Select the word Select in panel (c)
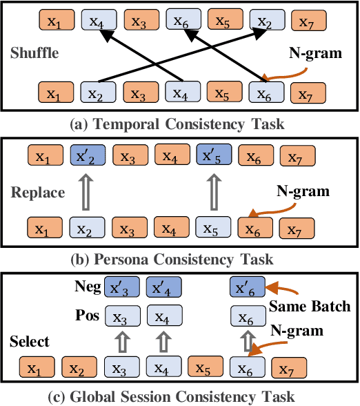29,342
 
